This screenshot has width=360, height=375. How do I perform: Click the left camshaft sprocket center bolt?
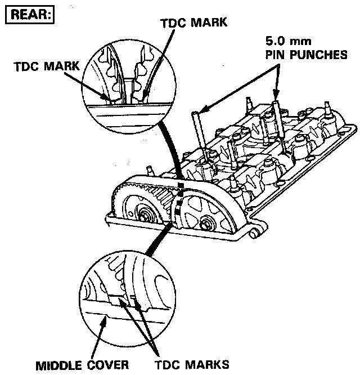146,215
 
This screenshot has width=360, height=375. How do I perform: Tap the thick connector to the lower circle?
157,239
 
